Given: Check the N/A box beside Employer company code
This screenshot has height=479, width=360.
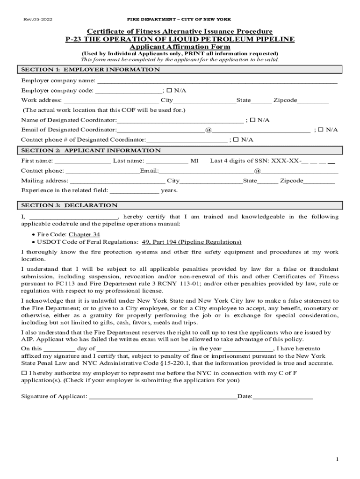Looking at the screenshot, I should (x=169, y=90).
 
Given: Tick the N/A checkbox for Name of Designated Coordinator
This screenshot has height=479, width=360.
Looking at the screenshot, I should (x=252, y=120).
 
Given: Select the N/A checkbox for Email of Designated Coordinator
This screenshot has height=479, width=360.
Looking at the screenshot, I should (x=321, y=130).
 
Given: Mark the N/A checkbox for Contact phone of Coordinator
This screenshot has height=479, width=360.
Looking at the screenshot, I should (x=236, y=140).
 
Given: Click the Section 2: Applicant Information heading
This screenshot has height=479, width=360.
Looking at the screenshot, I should (x=91, y=151).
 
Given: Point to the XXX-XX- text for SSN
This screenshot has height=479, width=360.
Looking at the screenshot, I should (x=285, y=161).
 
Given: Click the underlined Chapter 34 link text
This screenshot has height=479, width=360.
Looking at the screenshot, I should (x=84, y=234).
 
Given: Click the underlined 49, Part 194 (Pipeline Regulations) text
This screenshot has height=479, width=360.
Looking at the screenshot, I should (x=188, y=242).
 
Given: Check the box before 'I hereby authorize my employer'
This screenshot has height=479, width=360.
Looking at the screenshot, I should (x=24, y=373).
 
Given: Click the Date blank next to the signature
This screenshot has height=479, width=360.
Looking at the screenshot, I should (x=282, y=398).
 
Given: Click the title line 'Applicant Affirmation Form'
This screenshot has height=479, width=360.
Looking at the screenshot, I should (x=180, y=47).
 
